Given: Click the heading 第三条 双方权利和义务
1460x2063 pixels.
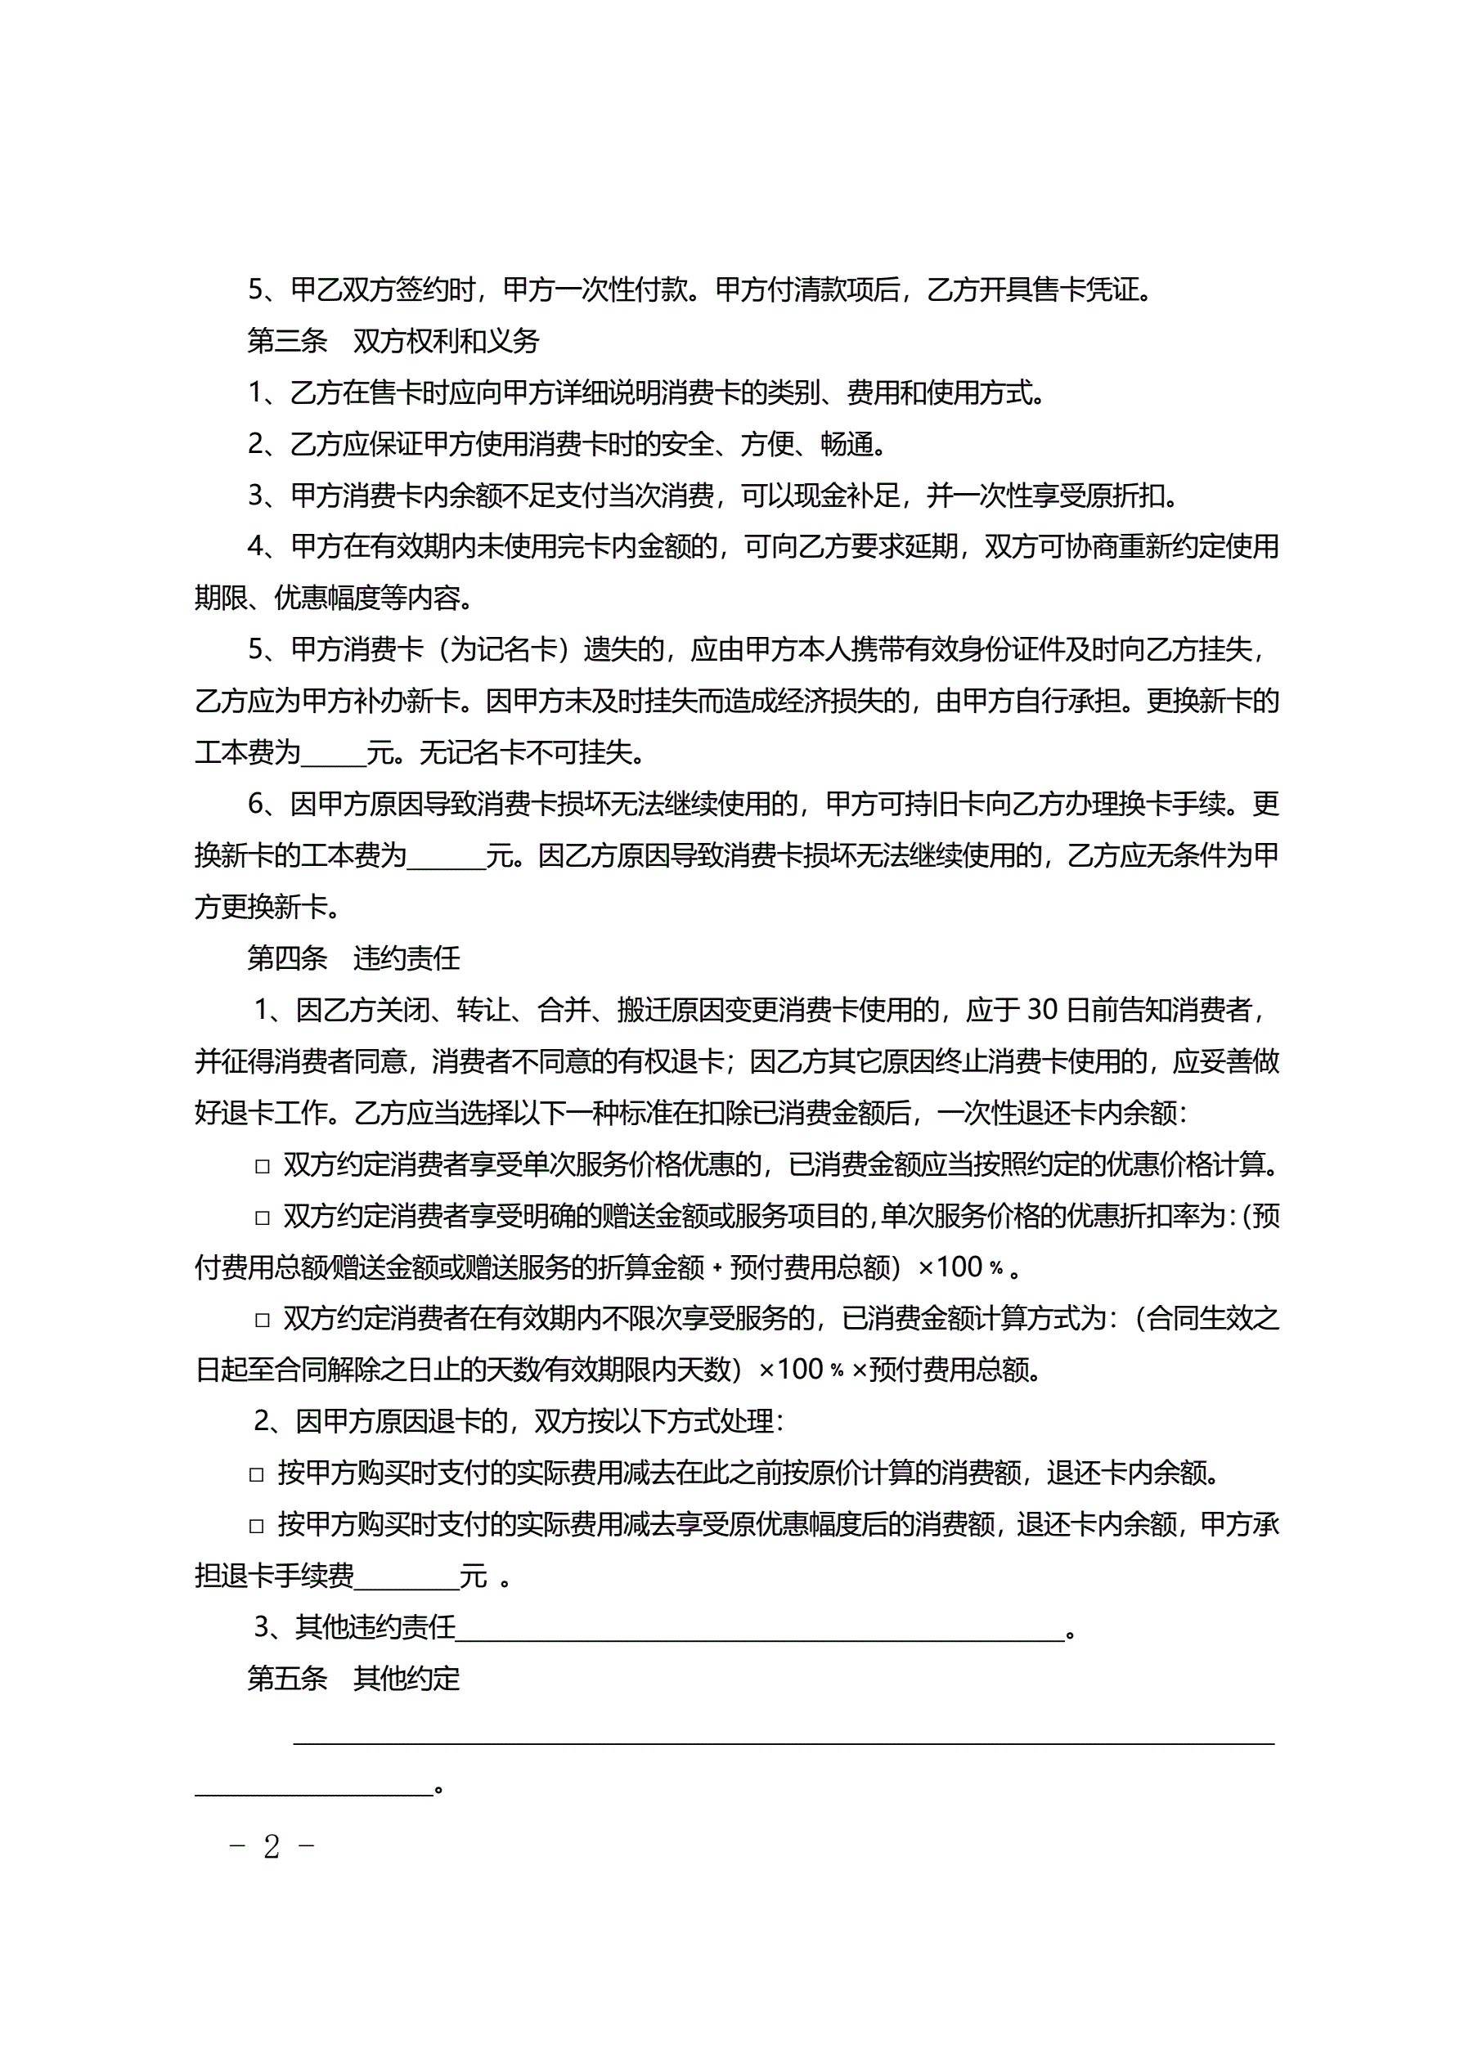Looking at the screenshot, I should point(393,342).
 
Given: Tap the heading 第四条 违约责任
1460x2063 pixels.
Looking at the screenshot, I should point(353,958).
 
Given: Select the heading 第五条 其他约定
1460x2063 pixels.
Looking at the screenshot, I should point(353,1679).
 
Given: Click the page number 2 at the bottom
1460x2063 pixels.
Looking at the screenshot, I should point(272,1847).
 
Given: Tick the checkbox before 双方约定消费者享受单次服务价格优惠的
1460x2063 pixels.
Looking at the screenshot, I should point(263,1166).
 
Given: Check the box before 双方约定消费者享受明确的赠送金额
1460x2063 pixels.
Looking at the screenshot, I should point(263,1218).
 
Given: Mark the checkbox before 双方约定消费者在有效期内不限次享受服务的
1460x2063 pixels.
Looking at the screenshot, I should point(263,1320).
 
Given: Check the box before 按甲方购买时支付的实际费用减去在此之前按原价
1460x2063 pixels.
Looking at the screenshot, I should point(256,1474).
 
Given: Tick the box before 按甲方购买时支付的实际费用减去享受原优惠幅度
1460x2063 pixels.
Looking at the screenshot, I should point(256,1526).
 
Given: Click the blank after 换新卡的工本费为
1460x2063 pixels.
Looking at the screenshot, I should point(446,857).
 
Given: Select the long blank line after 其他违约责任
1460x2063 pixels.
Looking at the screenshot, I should point(760,1629).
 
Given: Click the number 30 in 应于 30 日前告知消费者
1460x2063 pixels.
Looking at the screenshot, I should point(1042,1010).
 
